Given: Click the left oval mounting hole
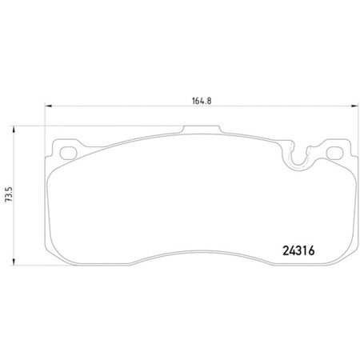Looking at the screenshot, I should click(x=67, y=150).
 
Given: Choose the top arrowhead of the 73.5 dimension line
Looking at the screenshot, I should click(x=18, y=126).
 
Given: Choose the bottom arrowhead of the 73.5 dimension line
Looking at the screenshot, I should click(x=18, y=266).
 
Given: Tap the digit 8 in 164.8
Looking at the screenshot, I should click(x=194, y=101).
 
